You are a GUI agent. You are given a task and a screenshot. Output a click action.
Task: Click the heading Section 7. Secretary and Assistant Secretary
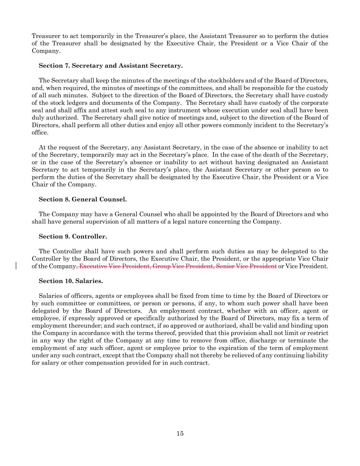click(111, 66)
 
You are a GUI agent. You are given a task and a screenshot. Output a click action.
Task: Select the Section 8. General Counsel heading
click(83, 199)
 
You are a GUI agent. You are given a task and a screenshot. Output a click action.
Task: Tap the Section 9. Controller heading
click(73, 237)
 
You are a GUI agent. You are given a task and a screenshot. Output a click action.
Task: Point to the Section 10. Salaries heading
click(71, 281)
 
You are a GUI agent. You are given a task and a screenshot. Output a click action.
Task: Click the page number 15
click(180, 434)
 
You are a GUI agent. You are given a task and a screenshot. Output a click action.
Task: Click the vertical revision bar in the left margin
click(16, 266)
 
